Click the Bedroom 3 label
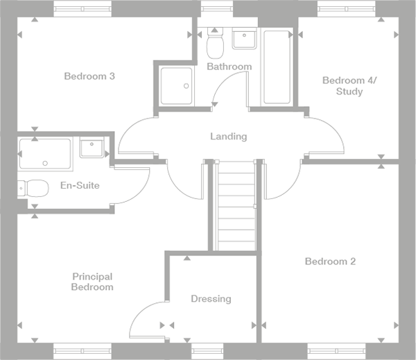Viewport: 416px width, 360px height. pyautogui.click(x=89, y=76)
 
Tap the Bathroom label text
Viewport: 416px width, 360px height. pyautogui.click(x=229, y=67)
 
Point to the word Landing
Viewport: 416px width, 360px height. pyautogui.click(x=228, y=137)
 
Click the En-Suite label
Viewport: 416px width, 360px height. pyautogui.click(x=80, y=185)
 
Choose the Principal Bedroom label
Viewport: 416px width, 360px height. pyautogui.click(x=92, y=281)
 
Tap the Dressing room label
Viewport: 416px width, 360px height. pyautogui.click(x=211, y=299)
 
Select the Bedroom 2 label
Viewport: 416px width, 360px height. pyautogui.click(x=330, y=262)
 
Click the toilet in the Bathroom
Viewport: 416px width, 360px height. pyautogui.click(x=215, y=45)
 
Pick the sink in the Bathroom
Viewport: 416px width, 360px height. pyautogui.click(x=244, y=40)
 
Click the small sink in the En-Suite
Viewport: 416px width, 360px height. pyautogui.click(x=92, y=148)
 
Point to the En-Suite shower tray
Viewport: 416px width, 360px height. pyautogui.click(x=45, y=154)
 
